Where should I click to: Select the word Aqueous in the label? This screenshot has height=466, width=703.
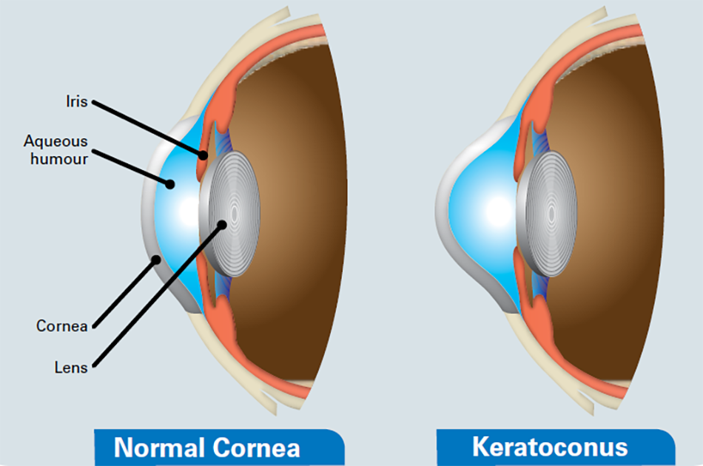pyautogui.click(x=55, y=141)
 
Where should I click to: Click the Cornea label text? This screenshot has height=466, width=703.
pyautogui.click(x=62, y=325)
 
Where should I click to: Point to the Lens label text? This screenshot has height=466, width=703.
pyautogui.click(x=72, y=367)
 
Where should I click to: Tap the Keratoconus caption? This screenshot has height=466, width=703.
pyautogui.click(x=549, y=447)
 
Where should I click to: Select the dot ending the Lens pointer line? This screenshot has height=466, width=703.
pyautogui.click(x=222, y=223)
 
